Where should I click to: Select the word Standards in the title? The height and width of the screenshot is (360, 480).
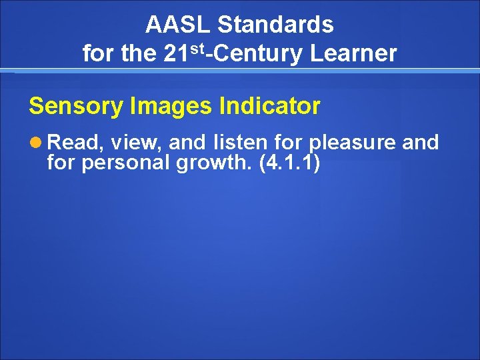point(275,25)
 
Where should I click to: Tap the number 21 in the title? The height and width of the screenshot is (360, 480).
point(175,53)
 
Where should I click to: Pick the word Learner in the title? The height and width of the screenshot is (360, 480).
point(353,53)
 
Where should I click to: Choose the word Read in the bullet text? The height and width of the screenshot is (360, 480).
point(73,143)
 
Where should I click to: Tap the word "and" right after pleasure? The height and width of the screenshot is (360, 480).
point(421,143)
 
